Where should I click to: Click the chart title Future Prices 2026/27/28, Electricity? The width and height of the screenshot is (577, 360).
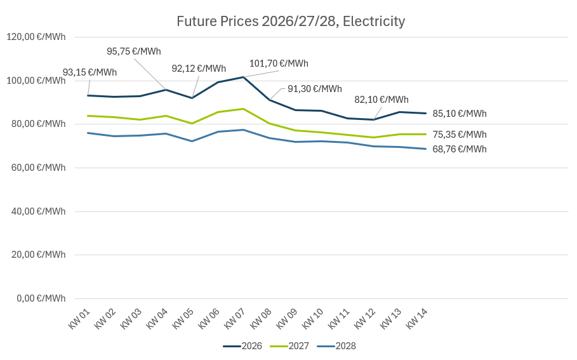pyautogui.click(x=291, y=22)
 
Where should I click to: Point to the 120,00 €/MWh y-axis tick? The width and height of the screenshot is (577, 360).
pyautogui.click(x=36, y=37)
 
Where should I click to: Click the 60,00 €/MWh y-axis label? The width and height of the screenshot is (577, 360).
pyautogui.click(x=36, y=168)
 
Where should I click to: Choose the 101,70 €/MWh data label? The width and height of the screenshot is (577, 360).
pyautogui.click(x=279, y=63)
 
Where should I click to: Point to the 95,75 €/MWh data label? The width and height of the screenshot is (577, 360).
pyautogui.click(x=134, y=51)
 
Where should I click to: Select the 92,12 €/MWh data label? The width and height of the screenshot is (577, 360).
pyautogui.click(x=199, y=69)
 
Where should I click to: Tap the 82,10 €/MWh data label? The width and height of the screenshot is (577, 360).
pyautogui.click(x=381, y=100)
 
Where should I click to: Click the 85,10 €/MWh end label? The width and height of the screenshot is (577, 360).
pyautogui.click(x=460, y=114)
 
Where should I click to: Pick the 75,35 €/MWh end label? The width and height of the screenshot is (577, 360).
pyautogui.click(x=460, y=135)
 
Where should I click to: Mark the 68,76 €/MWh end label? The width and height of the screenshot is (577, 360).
pyautogui.click(x=460, y=149)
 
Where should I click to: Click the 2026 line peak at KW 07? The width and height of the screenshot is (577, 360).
pyautogui.click(x=244, y=77)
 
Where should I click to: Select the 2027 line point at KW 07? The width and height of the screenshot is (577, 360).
pyautogui.click(x=244, y=109)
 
